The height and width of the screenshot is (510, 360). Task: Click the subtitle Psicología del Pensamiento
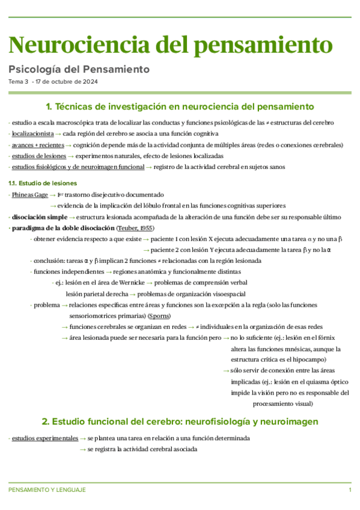[x=79, y=69]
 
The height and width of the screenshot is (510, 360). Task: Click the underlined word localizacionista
[x=32, y=134]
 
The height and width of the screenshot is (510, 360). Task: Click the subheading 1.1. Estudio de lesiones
[x=42, y=183]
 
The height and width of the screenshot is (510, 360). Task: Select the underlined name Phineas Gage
[x=29, y=195]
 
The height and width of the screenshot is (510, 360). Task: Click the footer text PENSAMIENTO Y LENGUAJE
[x=47, y=490]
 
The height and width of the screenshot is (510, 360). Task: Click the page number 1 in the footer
[x=350, y=490]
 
